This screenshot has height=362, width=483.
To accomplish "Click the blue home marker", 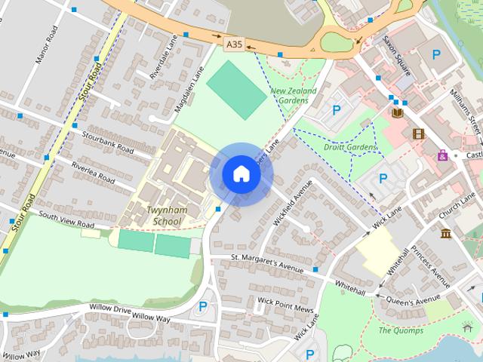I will pyautogui.click(x=241, y=173).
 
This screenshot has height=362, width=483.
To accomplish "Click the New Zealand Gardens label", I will pyautogui.click(x=294, y=96).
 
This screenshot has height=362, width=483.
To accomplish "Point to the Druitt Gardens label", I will pyautogui.click(x=349, y=147).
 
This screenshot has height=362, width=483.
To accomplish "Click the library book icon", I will pyautogui.click(x=398, y=113).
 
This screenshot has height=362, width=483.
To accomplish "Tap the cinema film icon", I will pyautogui.click(x=418, y=133).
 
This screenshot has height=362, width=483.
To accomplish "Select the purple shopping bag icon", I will pyautogui.click(x=442, y=155).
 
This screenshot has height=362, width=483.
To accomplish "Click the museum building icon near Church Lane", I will pyautogui.click(x=446, y=232).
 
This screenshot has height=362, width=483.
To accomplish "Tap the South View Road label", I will pyautogui.click(x=66, y=221).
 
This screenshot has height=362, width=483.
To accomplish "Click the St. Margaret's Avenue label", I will pyautogui.click(x=266, y=263).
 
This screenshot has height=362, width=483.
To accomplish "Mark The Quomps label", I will pyautogui.click(x=401, y=330).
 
